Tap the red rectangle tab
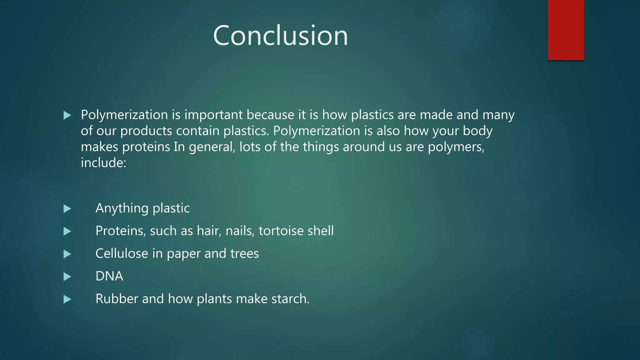click(x=566, y=30)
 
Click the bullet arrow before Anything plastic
click(x=67, y=209)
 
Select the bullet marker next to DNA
click(x=67, y=277)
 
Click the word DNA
click(x=109, y=276)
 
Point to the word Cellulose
click(x=122, y=253)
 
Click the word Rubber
click(x=117, y=299)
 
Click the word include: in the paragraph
click(x=103, y=163)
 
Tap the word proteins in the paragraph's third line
click(x=146, y=147)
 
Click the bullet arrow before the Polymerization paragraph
click(x=67, y=116)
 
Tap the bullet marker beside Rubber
click(x=67, y=299)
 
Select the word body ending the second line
click(x=477, y=131)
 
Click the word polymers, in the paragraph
click(x=456, y=147)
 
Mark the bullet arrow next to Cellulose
click(x=67, y=254)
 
